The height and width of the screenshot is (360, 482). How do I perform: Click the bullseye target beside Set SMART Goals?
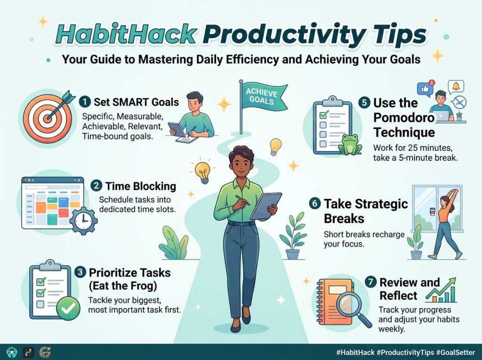(x=48, y=119)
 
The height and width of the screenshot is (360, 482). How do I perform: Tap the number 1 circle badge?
(x=85, y=102)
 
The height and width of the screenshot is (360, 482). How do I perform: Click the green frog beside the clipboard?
(x=350, y=144)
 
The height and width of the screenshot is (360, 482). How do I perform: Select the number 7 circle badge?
(x=371, y=281)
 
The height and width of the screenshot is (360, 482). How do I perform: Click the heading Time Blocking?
(x=141, y=186)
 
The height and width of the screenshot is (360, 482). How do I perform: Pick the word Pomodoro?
(x=404, y=118)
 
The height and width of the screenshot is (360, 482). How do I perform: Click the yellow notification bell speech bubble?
(x=456, y=87)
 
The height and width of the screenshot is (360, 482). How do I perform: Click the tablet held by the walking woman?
(x=265, y=206)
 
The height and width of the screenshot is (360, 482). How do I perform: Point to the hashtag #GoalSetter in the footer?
(x=456, y=352)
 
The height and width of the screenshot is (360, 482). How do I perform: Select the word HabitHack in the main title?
(x=126, y=34)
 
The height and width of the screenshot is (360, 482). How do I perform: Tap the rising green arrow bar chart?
(x=442, y=290)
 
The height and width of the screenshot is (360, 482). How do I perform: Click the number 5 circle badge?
(x=365, y=103)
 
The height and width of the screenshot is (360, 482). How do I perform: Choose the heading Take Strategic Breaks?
(x=366, y=211)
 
